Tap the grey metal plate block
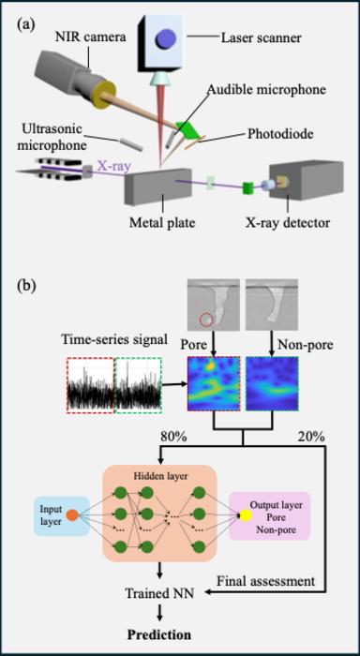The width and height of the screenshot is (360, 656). [x=157, y=192]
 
